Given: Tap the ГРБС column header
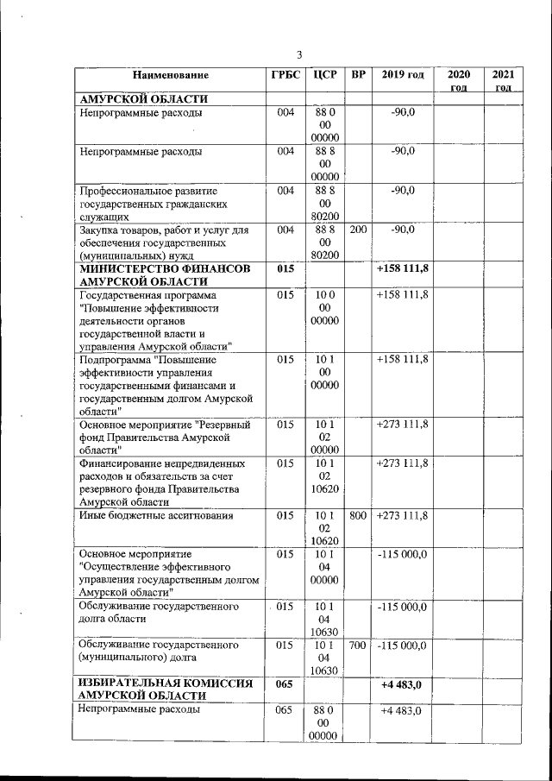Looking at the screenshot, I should [285, 75].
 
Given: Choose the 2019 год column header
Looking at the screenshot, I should [403, 75].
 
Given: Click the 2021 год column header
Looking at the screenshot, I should [503, 81].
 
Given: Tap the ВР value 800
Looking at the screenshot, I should [358, 515].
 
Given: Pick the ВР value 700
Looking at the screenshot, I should [358, 645].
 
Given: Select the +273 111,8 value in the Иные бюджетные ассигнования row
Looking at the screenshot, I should [403, 515].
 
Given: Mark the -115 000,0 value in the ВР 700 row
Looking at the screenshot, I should [403, 645].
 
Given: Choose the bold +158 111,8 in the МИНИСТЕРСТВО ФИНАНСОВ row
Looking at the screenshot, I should [403, 269].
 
